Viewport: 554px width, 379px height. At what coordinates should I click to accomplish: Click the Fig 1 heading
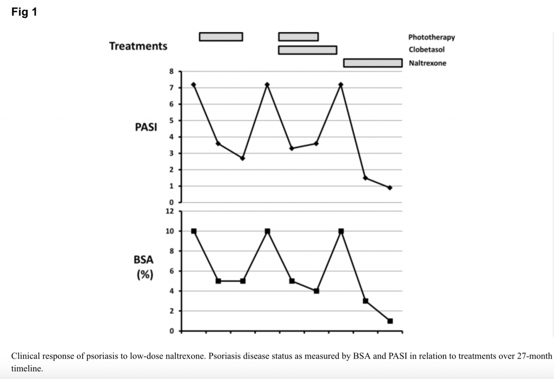click(24, 11)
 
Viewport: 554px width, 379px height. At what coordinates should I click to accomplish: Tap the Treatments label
click(138, 46)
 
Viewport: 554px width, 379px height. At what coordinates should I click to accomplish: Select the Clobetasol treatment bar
click(307, 50)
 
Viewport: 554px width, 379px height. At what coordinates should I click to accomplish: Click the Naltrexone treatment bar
click(373, 63)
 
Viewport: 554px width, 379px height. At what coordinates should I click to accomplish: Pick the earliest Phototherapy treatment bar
click(221, 37)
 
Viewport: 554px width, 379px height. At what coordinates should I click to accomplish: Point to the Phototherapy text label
click(431, 37)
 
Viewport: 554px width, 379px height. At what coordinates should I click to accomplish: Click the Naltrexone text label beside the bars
click(427, 63)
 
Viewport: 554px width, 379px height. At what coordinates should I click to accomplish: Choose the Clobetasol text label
click(426, 50)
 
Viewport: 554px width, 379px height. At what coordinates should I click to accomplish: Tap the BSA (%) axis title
click(143, 267)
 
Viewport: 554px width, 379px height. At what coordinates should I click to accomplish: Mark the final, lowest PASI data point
click(390, 188)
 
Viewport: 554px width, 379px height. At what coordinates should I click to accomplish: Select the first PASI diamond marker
click(193, 85)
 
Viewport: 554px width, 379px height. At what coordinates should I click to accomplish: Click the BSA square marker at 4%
click(316, 291)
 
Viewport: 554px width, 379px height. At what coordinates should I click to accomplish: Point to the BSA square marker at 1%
click(390, 321)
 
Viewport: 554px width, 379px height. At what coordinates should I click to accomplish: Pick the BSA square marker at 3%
click(365, 301)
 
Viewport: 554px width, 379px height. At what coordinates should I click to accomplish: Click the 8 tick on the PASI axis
click(172, 71)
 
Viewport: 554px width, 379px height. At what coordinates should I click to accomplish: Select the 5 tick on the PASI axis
click(172, 121)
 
